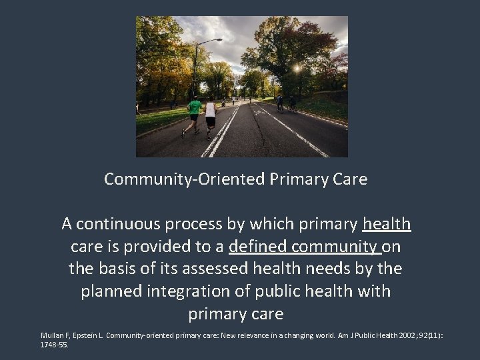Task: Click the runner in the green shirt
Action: [x=193, y=113]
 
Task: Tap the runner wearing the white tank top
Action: [x=211, y=115]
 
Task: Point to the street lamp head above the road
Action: [x=219, y=41]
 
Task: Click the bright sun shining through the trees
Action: [x=297, y=69]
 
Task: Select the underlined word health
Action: [x=387, y=223]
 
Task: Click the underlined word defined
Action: [x=259, y=246]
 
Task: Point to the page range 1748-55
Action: [x=54, y=345]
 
